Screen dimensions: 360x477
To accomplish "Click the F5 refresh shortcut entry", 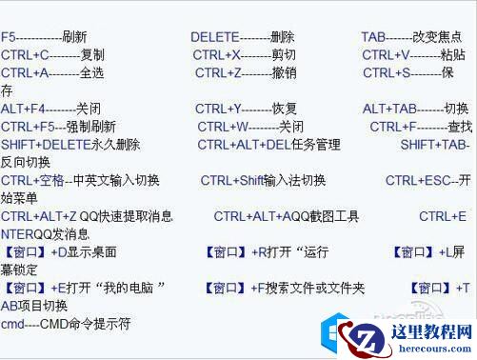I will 45,37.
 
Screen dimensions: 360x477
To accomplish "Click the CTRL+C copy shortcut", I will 52,55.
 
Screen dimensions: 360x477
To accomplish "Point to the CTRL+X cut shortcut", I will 244,55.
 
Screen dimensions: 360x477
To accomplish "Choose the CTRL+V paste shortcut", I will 414,55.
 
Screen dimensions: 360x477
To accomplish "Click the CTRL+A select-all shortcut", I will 52,73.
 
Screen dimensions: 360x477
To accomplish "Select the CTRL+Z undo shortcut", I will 246,73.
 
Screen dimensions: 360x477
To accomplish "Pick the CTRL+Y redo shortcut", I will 246,109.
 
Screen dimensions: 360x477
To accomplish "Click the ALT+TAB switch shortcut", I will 415,109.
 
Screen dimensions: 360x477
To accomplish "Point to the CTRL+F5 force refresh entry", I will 58,127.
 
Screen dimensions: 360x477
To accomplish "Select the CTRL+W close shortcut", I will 250,127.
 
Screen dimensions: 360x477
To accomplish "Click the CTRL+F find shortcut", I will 421,127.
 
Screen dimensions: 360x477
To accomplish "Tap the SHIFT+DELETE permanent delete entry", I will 70,145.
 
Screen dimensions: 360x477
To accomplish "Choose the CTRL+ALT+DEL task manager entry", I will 268,145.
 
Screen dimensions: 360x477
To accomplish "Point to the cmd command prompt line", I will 66,324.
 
